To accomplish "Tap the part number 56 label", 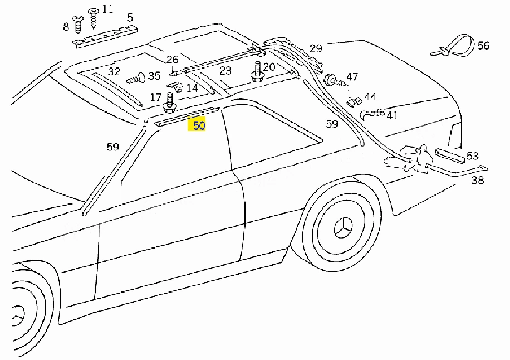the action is (x=483, y=46).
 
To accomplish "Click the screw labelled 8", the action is (x=78, y=25).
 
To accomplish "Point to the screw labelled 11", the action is (x=94, y=18).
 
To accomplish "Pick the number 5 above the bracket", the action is (x=130, y=18).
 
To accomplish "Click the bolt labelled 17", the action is (x=170, y=103).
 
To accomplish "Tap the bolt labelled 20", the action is (x=258, y=72).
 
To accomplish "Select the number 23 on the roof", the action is (x=225, y=71).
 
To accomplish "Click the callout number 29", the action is (x=315, y=48).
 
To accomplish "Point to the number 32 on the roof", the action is (x=114, y=71).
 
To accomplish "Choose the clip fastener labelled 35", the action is (x=136, y=79).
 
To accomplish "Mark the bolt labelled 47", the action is (x=334, y=80).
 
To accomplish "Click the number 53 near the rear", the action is (x=472, y=156).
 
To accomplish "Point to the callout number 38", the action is (x=478, y=180).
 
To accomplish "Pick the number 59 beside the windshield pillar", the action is (x=113, y=147).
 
